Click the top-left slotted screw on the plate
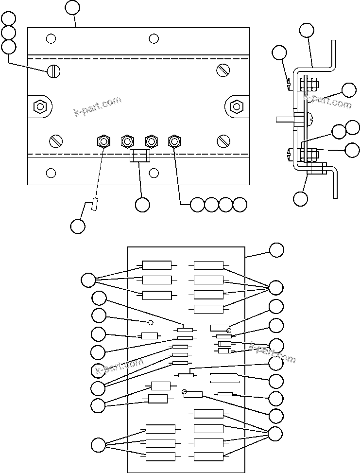pyautogui.click(x=53, y=71)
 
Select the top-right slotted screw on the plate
pyautogui.click(x=223, y=70)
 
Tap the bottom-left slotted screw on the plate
pyautogui.click(x=56, y=141)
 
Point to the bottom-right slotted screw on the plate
pyautogui.click(x=223, y=141)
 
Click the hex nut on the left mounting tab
pyautogui.click(x=39, y=106)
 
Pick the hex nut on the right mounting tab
pyautogui.click(x=237, y=105)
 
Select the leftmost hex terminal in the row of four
pyautogui.click(x=103, y=141)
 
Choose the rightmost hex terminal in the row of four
pyautogui.click(x=174, y=141)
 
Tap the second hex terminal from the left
pyautogui.click(x=127, y=141)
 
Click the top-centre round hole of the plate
pyautogui.click(x=154, y=38)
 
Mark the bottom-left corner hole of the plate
pyautogui.click(x=51, y=173)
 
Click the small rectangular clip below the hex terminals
pyautogui.click(x=140, y=157)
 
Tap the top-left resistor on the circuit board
pyautogui.click(x=156, y=265)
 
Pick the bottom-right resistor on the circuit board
pyautogui.click(x=208, y=456)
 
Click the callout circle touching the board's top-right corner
pyautogui.click(x=276, y=250)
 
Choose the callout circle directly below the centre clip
pyautogui.click(x=142, y=205)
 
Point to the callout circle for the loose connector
pyautogui.click(x=78, y=226)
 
